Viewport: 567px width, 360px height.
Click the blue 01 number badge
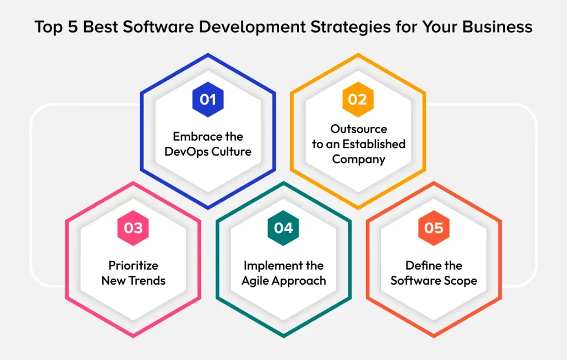[x=208, y=100]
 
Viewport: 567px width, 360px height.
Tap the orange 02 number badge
[x=358, y=100]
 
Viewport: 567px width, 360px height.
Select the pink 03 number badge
[x=133, y=228]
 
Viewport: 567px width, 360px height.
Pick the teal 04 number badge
[x=283, y=228]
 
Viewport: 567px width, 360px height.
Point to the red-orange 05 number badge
[x=434, y=228]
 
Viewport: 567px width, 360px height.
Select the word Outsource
[x=359, y=129]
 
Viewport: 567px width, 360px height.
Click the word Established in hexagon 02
[x=374, y=144]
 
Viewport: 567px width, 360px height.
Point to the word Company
[x=359, y=160]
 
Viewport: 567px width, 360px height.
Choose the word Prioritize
[x=133, y=265]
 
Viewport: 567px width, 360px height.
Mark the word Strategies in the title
[x=350, y=27]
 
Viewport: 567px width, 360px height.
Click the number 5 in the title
[x=73, y=27]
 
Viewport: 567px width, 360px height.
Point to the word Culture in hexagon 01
[x=231, y=151]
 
